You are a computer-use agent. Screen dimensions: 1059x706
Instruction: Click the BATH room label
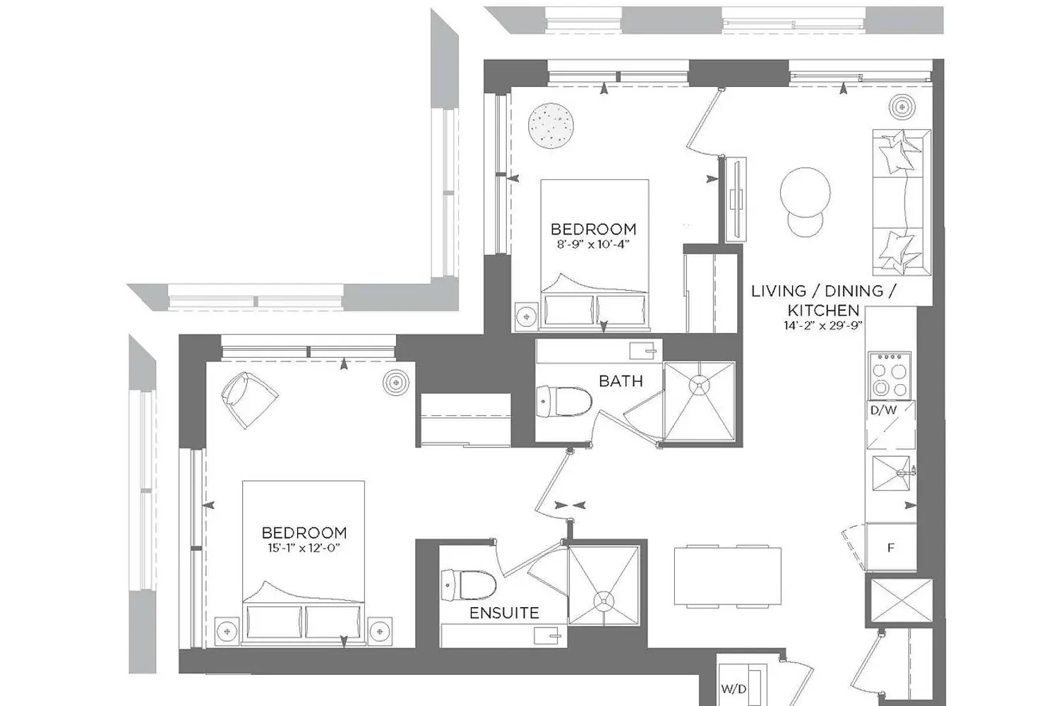[621, 381]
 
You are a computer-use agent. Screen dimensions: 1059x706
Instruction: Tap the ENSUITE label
[504, 614]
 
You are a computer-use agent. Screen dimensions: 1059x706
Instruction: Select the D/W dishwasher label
[884, 410]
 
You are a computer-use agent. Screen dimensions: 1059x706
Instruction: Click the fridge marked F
[891, 548]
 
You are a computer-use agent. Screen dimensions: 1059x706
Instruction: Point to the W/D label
[734, 689]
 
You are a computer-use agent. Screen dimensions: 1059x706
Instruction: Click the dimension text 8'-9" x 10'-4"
[593, 245]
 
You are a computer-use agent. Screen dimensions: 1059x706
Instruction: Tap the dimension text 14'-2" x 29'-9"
[823, 325]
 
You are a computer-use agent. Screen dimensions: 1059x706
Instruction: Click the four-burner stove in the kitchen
[890, 375]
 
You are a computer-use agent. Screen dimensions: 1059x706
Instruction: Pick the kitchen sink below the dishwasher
[892, 473]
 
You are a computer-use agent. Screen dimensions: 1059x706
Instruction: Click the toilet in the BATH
[565, 402]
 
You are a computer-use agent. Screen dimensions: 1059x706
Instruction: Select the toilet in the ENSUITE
[469, 585]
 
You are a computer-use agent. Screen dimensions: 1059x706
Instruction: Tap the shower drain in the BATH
[699, 385]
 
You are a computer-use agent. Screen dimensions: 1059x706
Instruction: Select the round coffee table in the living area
[805, 193]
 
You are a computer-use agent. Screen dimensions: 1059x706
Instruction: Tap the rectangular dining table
[728, 576]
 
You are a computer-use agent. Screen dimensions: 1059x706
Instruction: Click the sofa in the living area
[902, 203]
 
